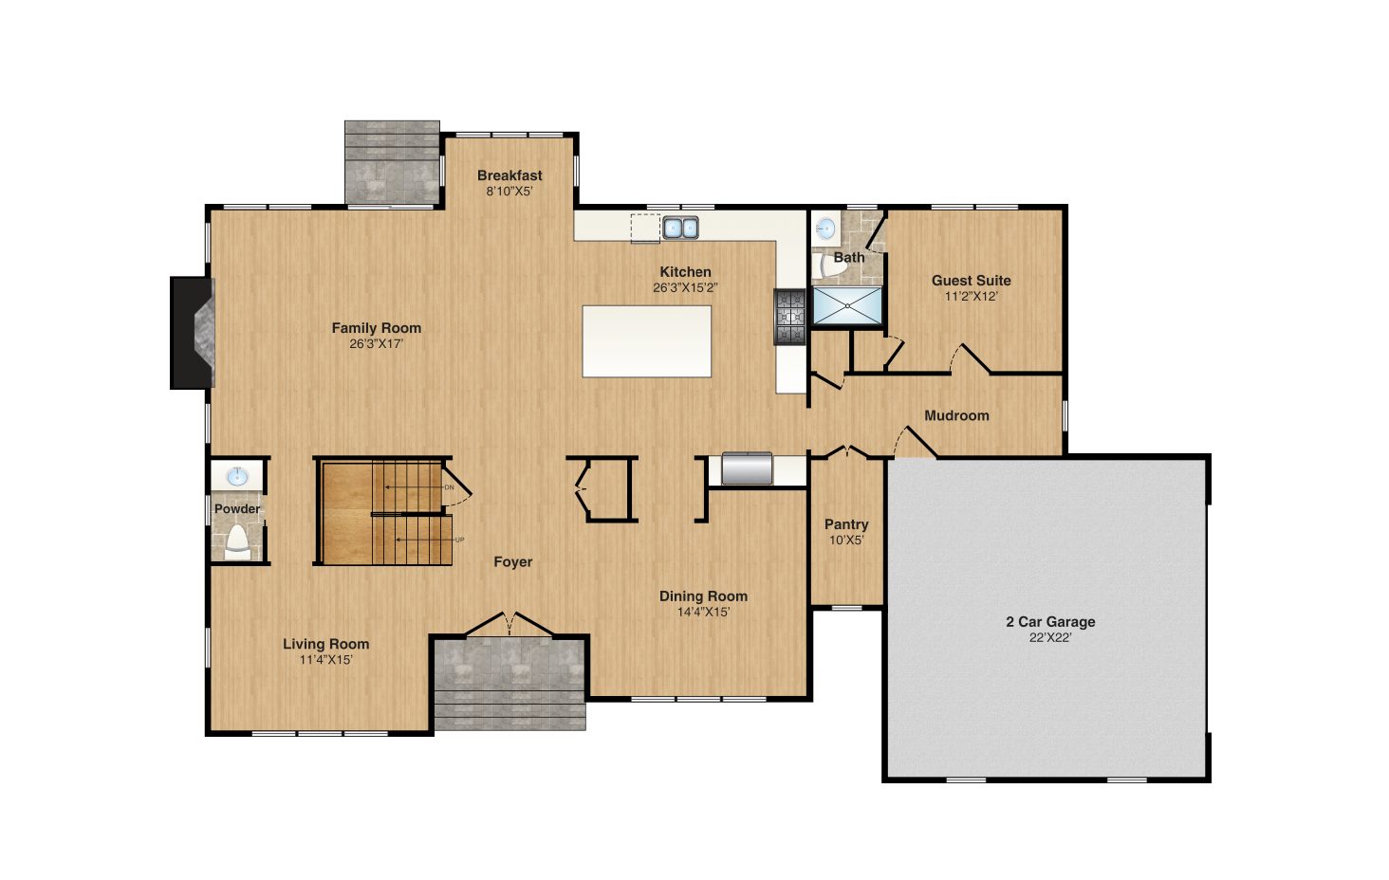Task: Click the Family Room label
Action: tap(377, 328)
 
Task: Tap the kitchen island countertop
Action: tap(646, 340)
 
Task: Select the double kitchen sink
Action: tap(680, 228)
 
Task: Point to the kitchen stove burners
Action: tap(790, 317)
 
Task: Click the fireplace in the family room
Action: tap(193, 333)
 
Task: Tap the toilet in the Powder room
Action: tap(237, 542)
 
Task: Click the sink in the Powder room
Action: tap(237, 477)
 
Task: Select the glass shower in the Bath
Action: tap(847, 305)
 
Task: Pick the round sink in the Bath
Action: tap(825, 229)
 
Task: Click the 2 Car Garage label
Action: tap(1050, 621)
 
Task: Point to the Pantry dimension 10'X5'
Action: tap(846, 541)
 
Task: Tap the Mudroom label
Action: tap(956, 415)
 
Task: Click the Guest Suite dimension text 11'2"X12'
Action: tap(971, 296)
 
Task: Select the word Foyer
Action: tap(513, 561)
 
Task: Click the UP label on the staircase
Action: tap(459, 540)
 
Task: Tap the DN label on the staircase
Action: tap(449, 487)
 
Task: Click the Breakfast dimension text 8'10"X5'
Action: tap(509, 191)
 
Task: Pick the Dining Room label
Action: tap(703, 596)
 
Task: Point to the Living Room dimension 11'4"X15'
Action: tap(326, 660)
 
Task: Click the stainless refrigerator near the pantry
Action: tap(748, 468)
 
